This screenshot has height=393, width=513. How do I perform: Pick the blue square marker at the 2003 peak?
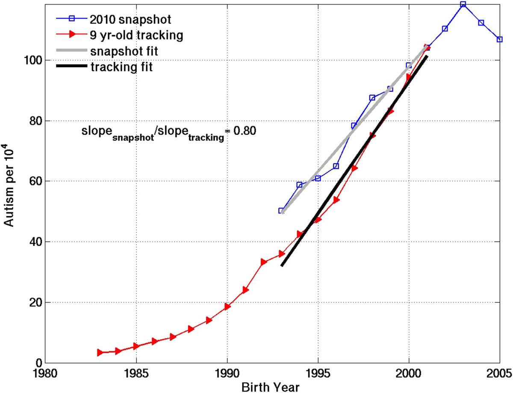463,4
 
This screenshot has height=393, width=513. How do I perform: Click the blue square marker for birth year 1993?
281,211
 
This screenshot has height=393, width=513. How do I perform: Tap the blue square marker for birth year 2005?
499,39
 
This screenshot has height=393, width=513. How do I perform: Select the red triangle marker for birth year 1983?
100,352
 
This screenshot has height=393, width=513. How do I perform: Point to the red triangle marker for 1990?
227,307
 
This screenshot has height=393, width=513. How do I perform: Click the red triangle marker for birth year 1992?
264,262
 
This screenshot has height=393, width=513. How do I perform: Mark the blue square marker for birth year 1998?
372,98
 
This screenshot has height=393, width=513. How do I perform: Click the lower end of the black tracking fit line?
282,265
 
